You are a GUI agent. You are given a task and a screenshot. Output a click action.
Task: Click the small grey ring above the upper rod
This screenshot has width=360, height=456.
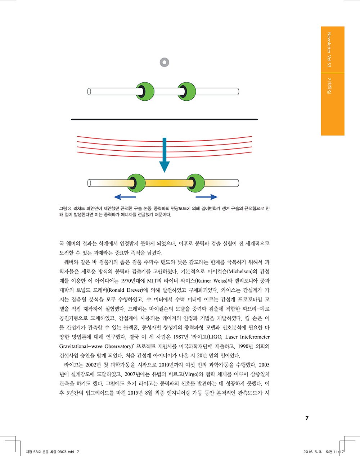164,62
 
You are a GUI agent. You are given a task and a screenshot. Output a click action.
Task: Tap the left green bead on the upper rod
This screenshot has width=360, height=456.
144,91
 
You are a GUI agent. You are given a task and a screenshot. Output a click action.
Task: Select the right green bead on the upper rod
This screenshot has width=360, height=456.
186,91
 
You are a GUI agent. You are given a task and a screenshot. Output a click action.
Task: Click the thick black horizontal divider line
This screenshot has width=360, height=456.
165,119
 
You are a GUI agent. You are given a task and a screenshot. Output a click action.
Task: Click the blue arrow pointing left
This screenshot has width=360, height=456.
125,197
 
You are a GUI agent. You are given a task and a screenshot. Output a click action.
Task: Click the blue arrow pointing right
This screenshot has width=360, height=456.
207,197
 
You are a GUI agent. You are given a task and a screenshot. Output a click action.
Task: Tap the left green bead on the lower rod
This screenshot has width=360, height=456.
136,183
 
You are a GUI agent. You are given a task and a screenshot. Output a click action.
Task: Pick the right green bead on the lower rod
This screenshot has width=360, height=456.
195,183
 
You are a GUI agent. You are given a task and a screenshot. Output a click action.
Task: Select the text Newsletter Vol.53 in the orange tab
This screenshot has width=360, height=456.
329,50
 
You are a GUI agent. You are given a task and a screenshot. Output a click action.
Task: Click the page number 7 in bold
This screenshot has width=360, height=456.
307,418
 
